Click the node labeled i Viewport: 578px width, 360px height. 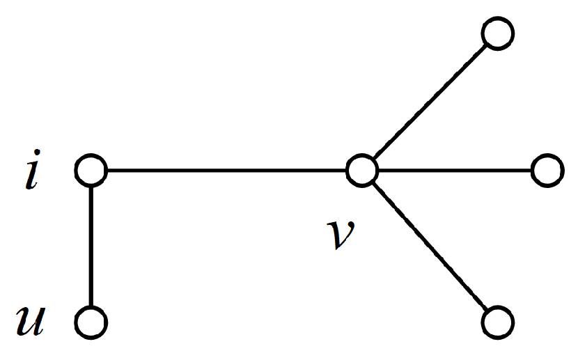[91, 170]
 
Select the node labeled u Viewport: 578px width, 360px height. [91, 323]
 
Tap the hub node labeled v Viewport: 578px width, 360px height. [361, 170]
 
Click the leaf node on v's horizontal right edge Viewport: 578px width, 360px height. [547, 170]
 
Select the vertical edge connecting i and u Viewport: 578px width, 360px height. [91, 246]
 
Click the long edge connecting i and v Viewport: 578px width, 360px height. [226, 170]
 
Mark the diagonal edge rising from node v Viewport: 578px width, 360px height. [430, 102]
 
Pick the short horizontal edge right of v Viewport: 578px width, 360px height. [454, 170]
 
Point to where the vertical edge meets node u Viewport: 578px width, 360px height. [91, 308]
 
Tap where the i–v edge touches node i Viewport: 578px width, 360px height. [107, 170]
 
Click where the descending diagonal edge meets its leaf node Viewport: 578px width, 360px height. [487, 311]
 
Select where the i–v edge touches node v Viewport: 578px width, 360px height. [346, 170]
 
